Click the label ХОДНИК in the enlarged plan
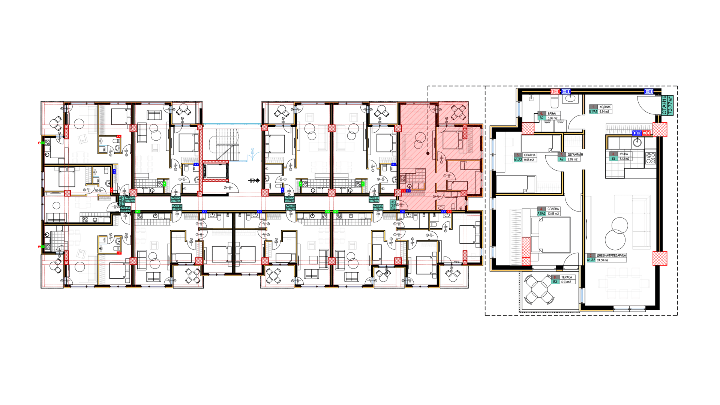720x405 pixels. coord(605,107)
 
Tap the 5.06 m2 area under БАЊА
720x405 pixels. coord(552,118)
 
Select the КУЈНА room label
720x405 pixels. coord(624,154)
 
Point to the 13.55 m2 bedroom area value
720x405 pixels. coord(553,214)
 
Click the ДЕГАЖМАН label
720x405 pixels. coord(575,154)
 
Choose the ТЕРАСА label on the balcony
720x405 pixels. coord(567,277)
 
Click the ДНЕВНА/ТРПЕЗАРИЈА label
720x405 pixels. coord(611,255)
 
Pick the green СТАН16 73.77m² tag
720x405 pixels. coord(667,105)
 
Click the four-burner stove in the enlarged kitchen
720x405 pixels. coord(650,158)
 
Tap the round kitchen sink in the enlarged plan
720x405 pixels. coord(636,142)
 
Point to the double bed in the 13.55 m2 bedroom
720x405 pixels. coord(550,235)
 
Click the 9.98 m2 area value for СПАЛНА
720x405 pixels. coord(529,160)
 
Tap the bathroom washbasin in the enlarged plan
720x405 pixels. coord(571,99)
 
